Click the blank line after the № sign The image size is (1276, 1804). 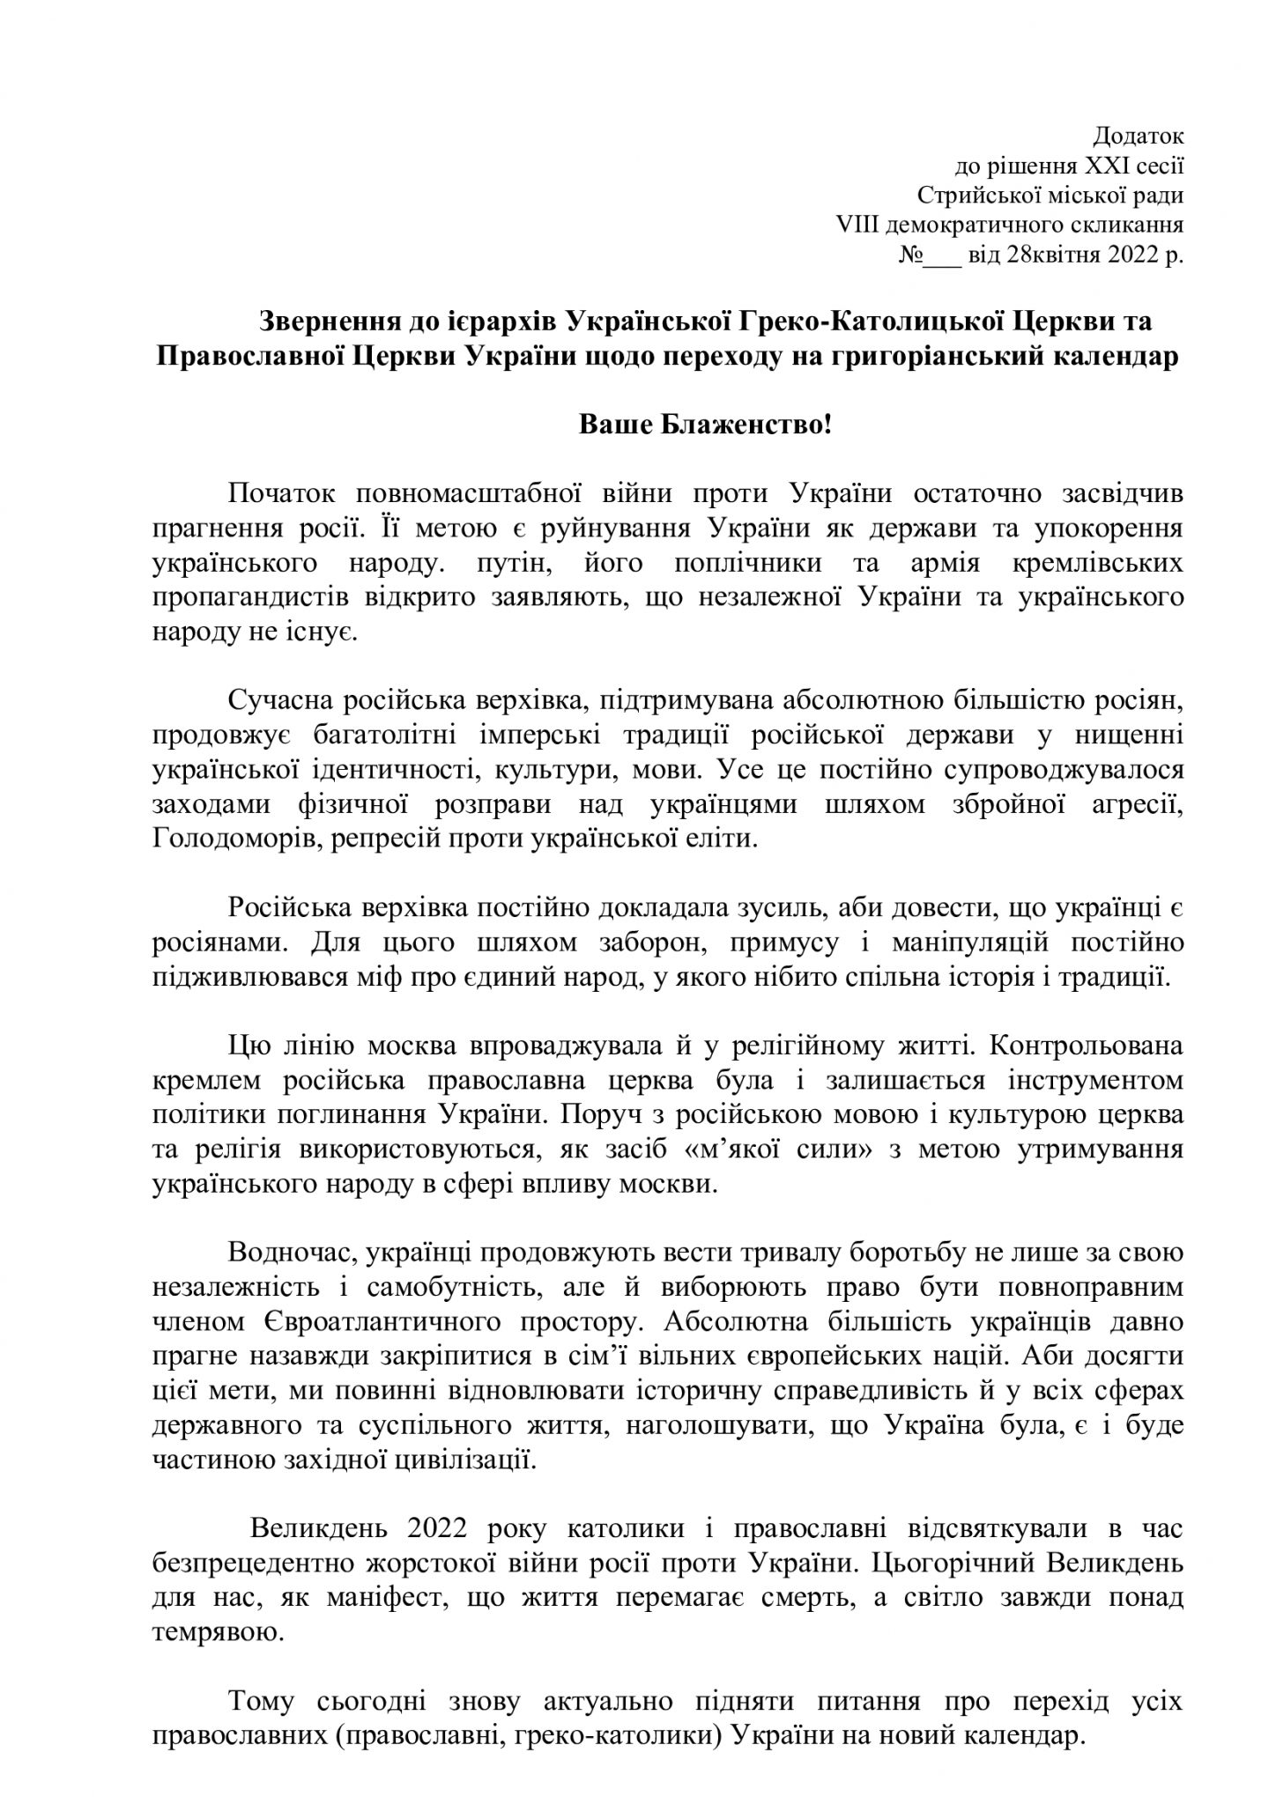click(x=942, y=255)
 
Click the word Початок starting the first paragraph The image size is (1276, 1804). click(x=281, y=494)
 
